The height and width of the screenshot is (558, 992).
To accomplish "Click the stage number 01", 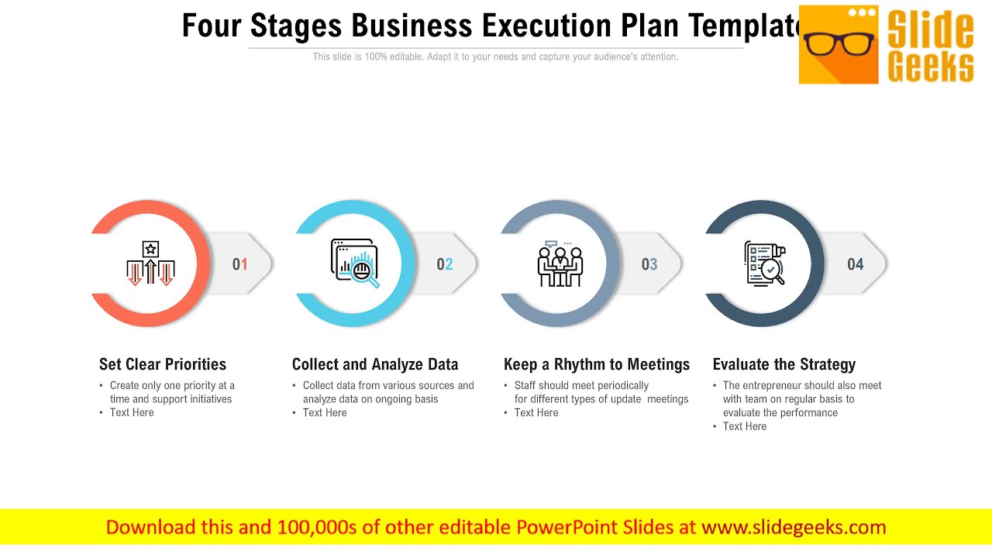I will click(x=240, y=264).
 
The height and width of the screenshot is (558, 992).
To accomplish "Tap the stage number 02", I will click(x=445, y=264).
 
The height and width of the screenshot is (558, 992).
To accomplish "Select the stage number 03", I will click(x=649, y=264).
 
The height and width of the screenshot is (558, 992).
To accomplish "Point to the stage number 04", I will click(x=856, y=264).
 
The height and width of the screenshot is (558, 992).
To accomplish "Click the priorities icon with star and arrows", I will click(x=150, y=263).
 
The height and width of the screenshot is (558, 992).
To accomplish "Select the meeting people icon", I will click(x=560, y=263).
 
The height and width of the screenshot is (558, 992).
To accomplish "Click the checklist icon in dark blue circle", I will click(x=764, y=263).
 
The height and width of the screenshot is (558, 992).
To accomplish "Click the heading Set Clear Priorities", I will click(x=163, y=364).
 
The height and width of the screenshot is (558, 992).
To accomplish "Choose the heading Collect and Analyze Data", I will click(x=375, y=364).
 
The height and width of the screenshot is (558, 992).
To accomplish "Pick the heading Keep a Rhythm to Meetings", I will click(x=597, y=364).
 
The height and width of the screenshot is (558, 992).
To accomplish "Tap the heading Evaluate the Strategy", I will click(x=784, y=364).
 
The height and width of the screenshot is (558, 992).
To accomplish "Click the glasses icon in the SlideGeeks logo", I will click(x=839, y=43).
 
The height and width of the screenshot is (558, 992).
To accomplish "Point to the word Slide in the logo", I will click(x=930, y=29).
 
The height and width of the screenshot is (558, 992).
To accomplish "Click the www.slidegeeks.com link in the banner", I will click(x=794, y=528).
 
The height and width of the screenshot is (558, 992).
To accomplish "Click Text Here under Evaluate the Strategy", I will click(x=745, y=426).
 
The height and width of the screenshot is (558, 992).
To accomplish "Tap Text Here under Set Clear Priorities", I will click(x=132, y=412).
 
